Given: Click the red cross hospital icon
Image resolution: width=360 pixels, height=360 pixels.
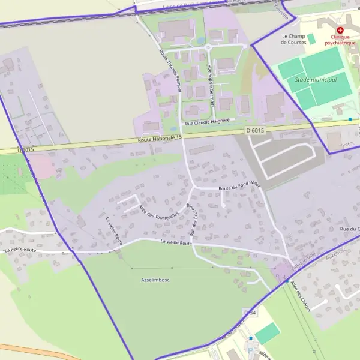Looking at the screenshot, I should (x=340, y=29).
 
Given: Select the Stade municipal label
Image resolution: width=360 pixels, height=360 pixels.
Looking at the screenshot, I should (x=316, y=80).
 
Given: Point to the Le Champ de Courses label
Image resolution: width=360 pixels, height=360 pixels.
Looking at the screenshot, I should (x=293, y=39).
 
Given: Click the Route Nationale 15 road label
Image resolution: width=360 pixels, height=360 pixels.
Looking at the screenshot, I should (x=159, y=139).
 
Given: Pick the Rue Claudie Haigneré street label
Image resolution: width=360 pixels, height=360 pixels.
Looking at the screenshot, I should (x=208, y=122).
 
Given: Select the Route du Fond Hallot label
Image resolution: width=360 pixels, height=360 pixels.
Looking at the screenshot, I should (x=239, y=188).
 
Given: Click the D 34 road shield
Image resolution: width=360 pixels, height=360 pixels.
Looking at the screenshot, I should (x=250, y=313).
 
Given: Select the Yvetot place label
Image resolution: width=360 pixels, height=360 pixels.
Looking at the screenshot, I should (x=347, y=145).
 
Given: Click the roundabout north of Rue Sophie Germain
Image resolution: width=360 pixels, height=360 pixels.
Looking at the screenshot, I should (x=208, y=47).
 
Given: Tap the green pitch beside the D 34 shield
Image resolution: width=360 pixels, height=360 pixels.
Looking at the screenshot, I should (x=267, y=333).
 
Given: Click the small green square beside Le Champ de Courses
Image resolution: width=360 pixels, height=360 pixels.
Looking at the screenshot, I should (x=311, y=38).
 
